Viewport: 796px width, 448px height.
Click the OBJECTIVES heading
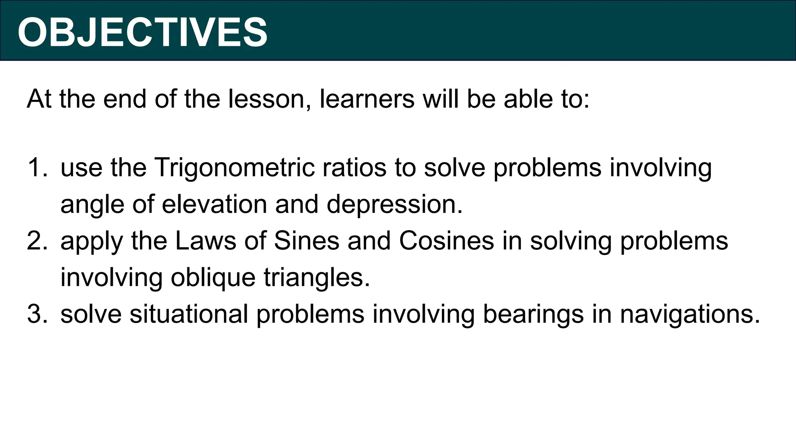(x=142, y=33)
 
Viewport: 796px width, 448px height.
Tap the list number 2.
(x=37, y=241)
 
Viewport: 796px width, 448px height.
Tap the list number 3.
(x=37, y=314)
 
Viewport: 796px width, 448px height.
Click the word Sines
(x=307, y=241)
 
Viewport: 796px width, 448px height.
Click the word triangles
(x=316, y=278)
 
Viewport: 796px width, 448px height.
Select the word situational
(x=189, y=314)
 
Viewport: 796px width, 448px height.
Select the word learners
(x=367, y=99)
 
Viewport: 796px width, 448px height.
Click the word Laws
(x=206, y=241)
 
